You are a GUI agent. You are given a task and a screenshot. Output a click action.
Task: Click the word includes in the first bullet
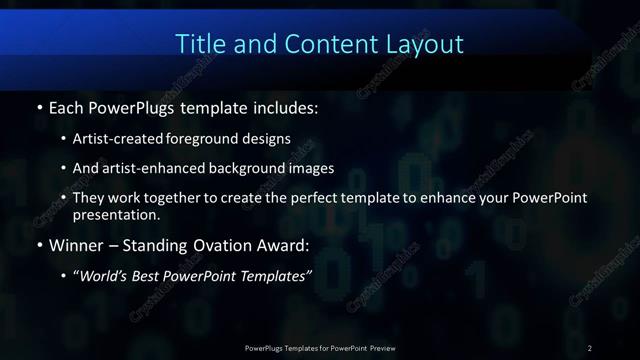coord(284,106)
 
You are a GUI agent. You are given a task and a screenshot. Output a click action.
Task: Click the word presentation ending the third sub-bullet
coord(116,214)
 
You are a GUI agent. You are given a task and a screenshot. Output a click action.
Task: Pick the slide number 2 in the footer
coord(590,347)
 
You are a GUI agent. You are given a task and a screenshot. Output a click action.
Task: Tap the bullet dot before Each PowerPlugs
coord(38,106)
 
